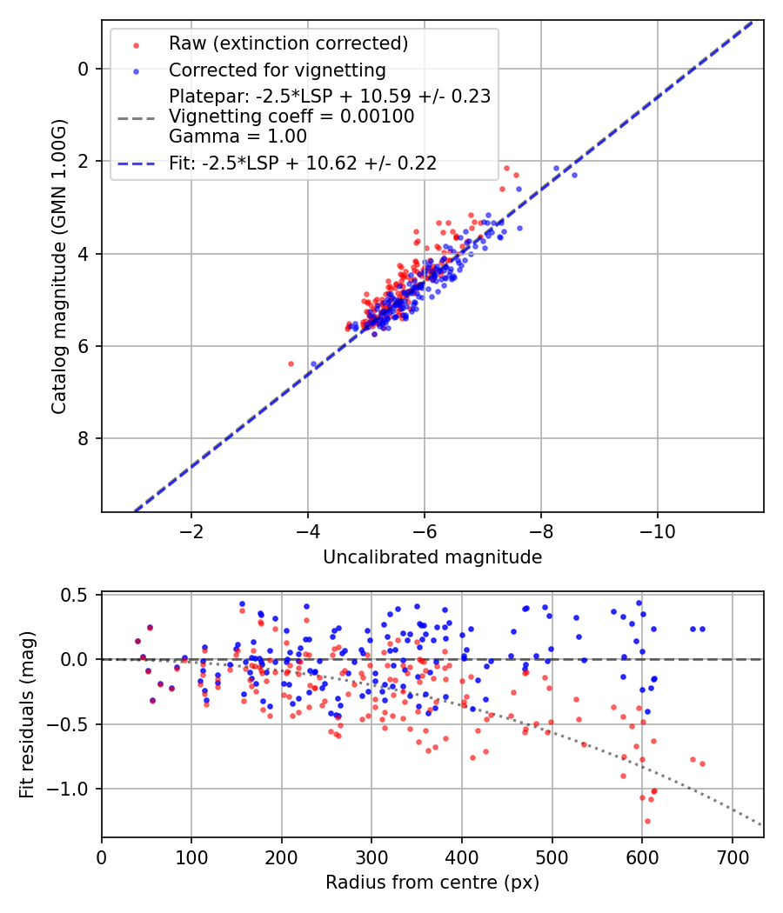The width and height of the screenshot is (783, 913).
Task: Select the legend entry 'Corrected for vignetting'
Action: (x=278, y=70)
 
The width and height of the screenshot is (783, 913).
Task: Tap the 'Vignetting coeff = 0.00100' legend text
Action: (x=292, y=116)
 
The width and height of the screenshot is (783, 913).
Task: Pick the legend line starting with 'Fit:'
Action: (x=303, y=163)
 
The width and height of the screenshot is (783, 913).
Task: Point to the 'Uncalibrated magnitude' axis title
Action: (x=432, y=557)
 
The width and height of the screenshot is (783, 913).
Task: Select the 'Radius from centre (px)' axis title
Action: (x=432, y=883)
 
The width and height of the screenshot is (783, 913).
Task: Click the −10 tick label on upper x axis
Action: (x=658, y=532)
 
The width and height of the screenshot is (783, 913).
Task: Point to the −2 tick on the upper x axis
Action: (x=191, y=532)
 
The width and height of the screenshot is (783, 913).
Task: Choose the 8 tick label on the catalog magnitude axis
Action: (x=83, y=438)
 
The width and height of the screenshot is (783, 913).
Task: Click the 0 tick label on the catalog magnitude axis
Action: (x=83, y=69)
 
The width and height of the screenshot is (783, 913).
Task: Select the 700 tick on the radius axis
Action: (x=732, y=857)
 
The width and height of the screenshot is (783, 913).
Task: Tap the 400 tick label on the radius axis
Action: (x=462, y=857)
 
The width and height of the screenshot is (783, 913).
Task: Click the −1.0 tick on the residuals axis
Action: (x=71, y=789)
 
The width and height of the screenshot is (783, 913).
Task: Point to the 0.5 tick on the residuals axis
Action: (x=77, y=595)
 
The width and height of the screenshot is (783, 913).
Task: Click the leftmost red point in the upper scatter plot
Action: (x=291, y=363)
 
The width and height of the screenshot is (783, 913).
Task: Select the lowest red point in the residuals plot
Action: (x=647, y=821)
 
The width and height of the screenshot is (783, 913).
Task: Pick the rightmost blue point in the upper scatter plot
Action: (x=574, y=175)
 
